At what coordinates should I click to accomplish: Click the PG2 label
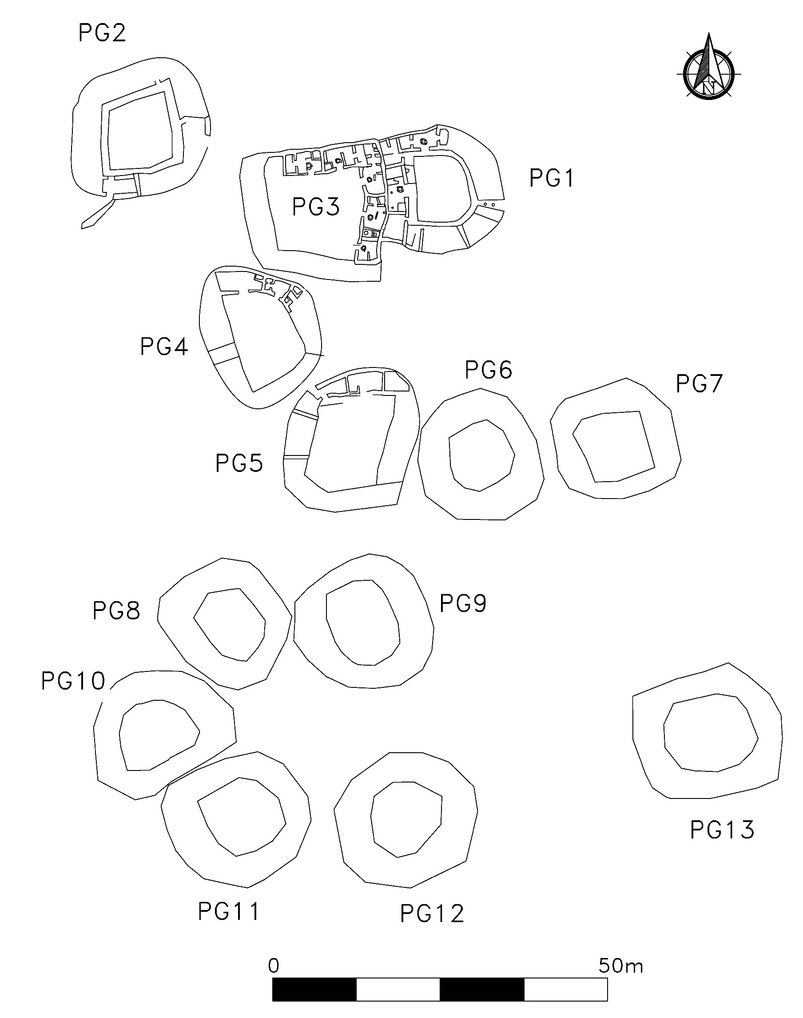(x=102, y=33)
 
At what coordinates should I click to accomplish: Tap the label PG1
(x=552, y=179)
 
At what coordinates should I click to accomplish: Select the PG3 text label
(x=316, y=207)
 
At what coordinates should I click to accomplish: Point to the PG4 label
(x=164, y=347)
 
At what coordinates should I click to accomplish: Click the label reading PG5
(x=239, y=463)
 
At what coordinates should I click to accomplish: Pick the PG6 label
(x=489, y=370)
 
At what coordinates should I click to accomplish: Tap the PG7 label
(x=699, y=384)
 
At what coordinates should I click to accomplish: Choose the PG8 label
(x=117, y=611)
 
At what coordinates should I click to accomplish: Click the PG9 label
(x=463, y=603)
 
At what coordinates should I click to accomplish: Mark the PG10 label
(x=73, y=681)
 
